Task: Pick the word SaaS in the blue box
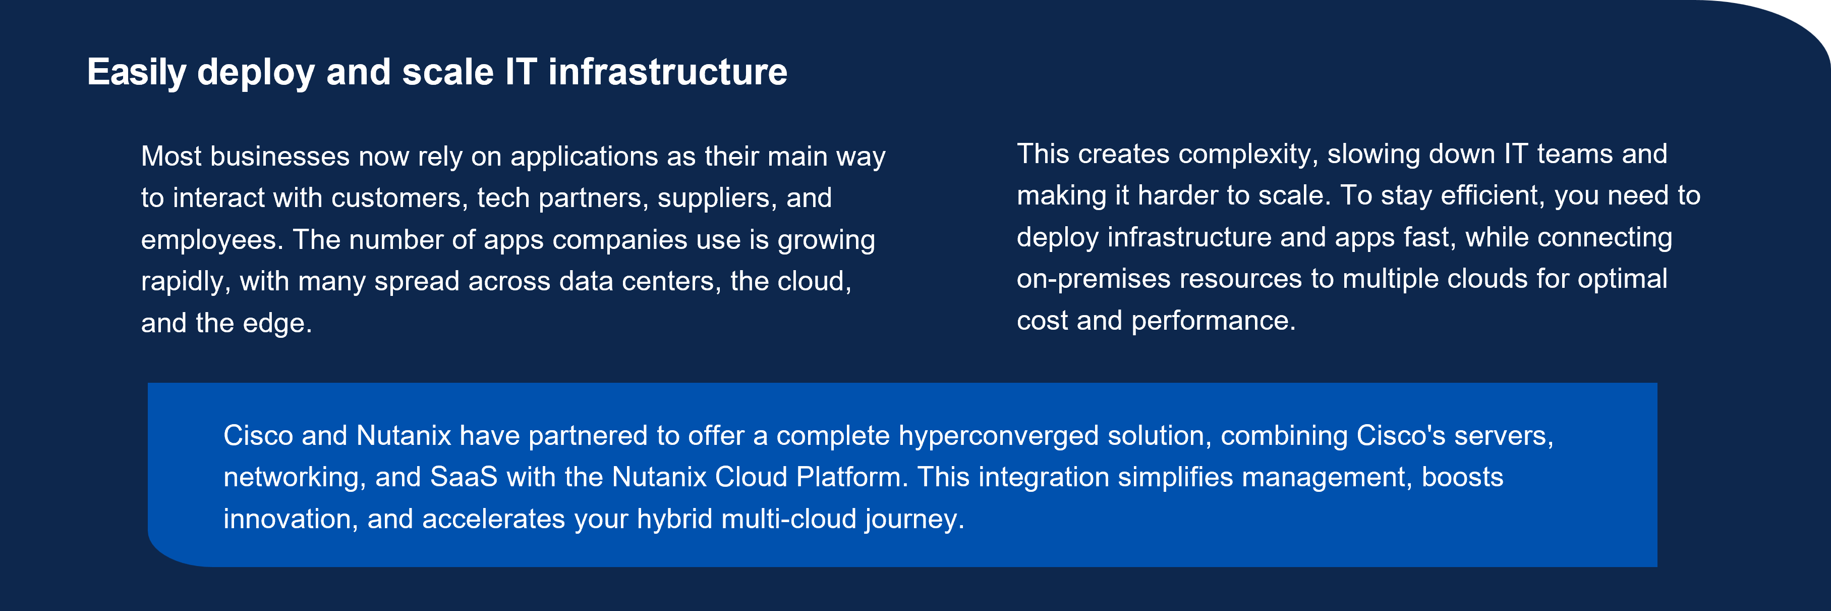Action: tap(464, 477)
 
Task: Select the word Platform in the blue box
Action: tap(852, 477)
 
